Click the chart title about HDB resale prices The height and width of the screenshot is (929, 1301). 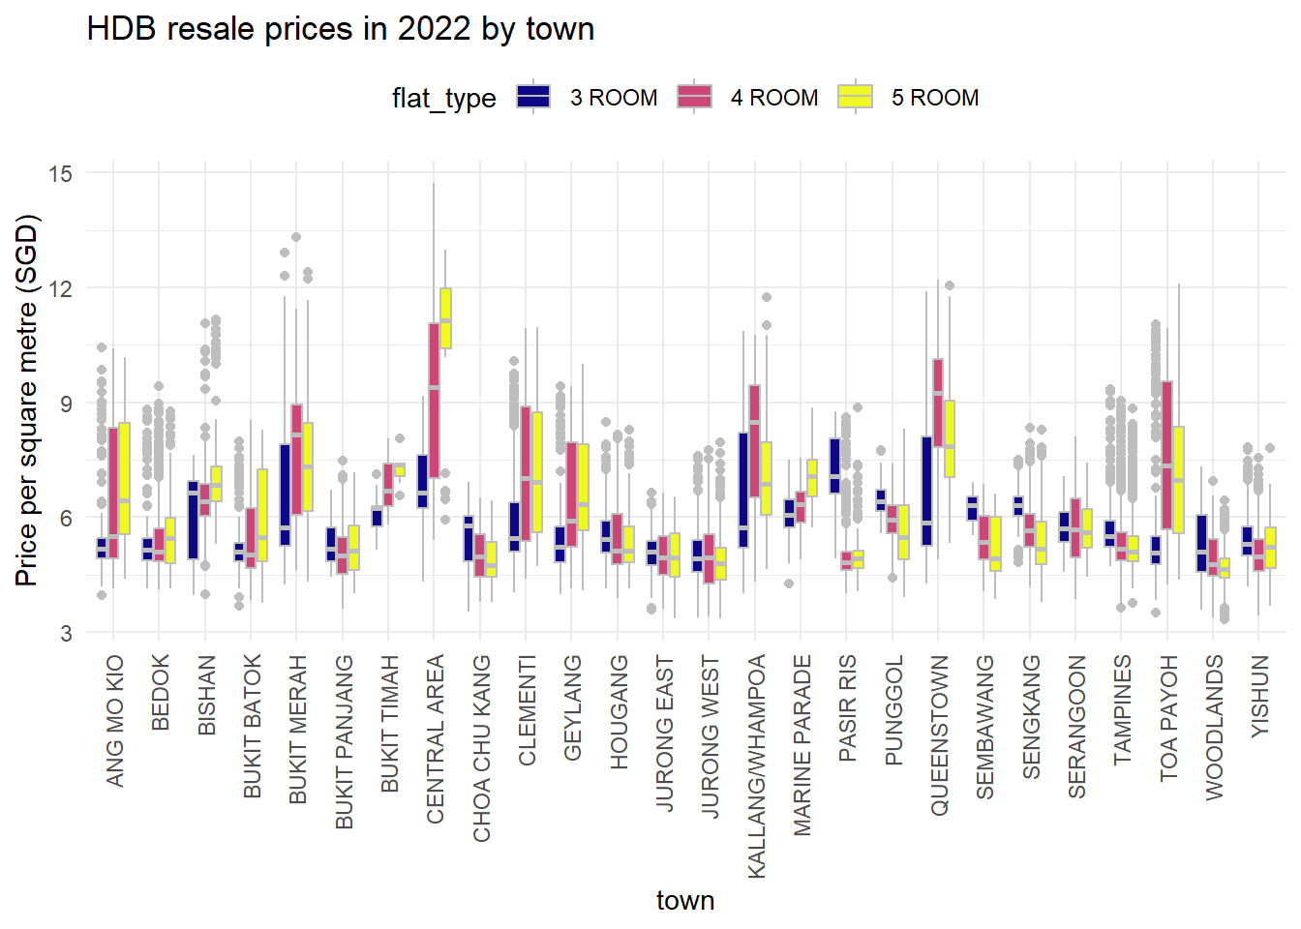click(x=340, y=29)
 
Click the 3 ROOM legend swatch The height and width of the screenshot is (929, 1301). click(x=533, y=97)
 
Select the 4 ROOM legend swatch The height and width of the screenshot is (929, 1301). click(x=694, y=97)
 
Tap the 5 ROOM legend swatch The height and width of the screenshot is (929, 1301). click(x=855, y=97)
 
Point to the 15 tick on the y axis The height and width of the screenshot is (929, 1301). click(x=60, y=174)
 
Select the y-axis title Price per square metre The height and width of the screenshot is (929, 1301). click(x=27, y=400)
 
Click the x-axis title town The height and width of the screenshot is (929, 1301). click(x=685, y=900)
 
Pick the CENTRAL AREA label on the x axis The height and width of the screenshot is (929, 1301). click(x=436, y=739)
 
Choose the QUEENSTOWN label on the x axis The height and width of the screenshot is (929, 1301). click(x=939, y=735)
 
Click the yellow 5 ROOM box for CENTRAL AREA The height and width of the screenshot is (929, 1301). click(x=445, y=317)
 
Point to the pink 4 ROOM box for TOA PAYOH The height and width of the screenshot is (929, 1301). click(x=1167, y=455)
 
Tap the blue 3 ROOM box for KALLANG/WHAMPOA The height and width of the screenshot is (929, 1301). click(x=743, y=490)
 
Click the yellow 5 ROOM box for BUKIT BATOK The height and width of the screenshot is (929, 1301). click(x=262, y=515)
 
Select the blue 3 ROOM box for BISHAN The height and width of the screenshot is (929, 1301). click(x=194, y=520)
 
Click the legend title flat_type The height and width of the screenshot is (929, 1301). click(x=443, y=98)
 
